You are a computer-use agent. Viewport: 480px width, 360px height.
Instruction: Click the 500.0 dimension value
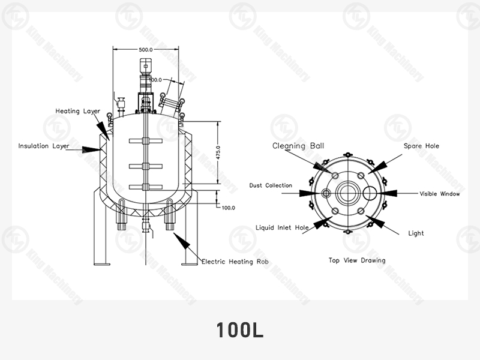click(146, 50)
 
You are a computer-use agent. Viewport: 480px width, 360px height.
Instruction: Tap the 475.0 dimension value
click(218, 152)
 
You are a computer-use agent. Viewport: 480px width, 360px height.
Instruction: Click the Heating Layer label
click(78, 111)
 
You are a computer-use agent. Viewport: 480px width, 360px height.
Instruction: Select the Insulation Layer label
click(44, 146)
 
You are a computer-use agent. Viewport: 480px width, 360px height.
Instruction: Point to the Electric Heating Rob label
click(235, 262)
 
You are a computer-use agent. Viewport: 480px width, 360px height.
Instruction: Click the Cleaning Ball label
click(298, 146)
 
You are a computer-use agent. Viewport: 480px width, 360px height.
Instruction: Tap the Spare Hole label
click(421, 146)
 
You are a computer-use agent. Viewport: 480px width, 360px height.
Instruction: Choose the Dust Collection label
click(271, 185)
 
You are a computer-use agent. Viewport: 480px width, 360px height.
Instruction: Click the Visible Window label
click(440, 194)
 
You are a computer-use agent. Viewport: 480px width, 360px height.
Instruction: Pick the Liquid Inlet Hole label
click(282, 228)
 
